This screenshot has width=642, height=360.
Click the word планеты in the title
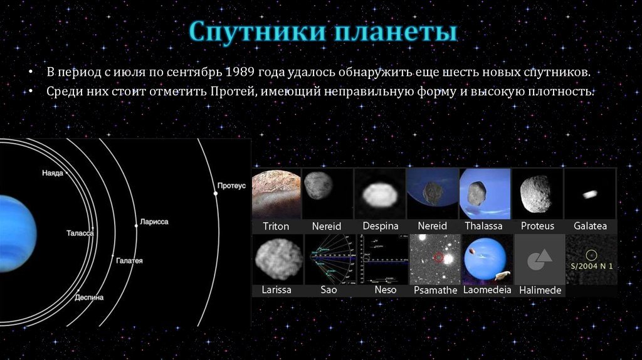coord(396,31)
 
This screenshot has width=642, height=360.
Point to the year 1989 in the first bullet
coord(239,72)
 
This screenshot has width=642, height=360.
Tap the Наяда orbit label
coord(53,173)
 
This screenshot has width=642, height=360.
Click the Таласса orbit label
coord(80,233)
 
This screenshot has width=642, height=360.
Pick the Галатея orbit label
coord(129,260)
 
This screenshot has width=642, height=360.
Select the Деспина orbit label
coord(89,297)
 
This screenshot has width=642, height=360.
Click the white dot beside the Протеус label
coord(216,193)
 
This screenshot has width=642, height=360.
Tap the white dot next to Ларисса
coord(136,225)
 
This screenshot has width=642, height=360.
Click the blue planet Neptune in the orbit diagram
coord(16,233)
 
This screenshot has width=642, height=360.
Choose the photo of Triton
coord(276,194)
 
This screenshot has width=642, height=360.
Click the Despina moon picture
coord(381,194)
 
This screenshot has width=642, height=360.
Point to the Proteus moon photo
coord(537,194)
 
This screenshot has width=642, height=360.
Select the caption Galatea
coord(590,226)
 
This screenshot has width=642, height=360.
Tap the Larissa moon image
coord(278,259)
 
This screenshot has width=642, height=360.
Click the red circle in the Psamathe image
coord(438,258)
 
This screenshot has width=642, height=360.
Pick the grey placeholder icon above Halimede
coord(539,260)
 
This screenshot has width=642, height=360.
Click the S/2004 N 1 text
coord(592,266)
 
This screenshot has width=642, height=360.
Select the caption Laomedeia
coord(487,290)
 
